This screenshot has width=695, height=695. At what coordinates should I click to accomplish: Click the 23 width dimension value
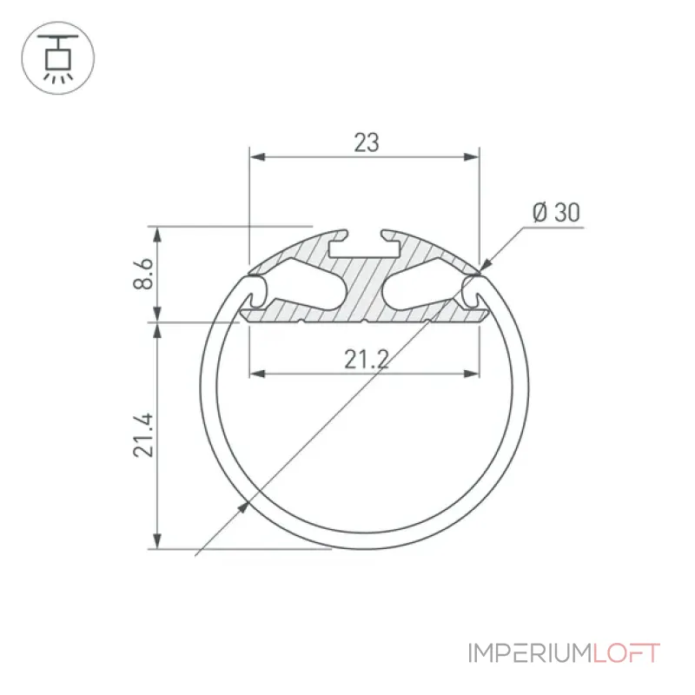[367, 142]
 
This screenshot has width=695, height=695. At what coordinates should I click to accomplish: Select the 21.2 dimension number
[367, 359]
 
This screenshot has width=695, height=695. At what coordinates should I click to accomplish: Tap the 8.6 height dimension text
[143, 274]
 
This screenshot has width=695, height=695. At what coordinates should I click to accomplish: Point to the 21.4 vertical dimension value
[143, 435]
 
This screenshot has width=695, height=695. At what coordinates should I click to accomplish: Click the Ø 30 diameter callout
[556, 212]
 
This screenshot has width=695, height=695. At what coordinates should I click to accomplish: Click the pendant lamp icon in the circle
[57, 58]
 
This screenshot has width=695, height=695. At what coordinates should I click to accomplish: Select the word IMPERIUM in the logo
[530, 653]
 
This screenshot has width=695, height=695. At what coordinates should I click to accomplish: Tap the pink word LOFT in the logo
[626, 653]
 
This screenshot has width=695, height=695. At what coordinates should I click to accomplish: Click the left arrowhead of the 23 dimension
[257, 157]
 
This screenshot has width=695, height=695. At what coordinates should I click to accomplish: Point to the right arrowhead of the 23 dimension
[472, 157]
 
